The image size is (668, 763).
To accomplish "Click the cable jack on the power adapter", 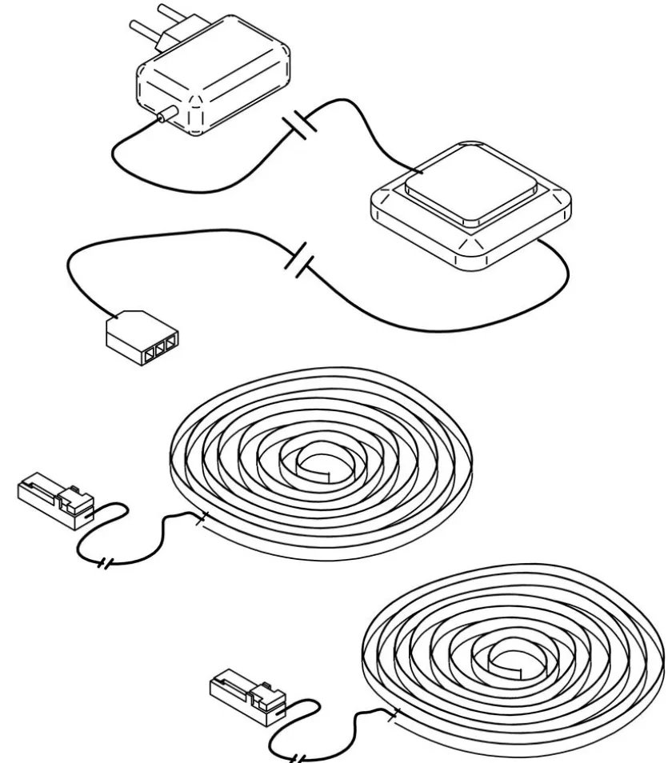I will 166,117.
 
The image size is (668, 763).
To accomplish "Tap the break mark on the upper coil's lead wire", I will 105,565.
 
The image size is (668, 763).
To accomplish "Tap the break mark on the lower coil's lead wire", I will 297,756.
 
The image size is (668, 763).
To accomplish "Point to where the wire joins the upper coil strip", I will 204,517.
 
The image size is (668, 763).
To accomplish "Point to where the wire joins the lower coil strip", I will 394,710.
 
